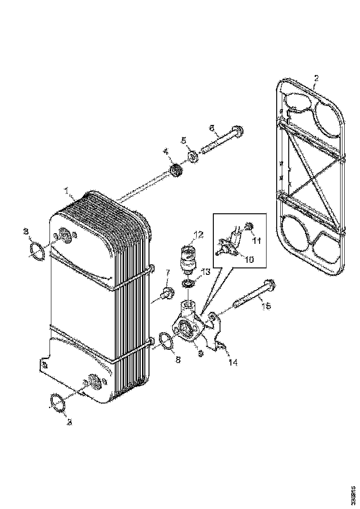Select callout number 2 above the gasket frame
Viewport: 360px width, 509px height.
(x=316, y=79)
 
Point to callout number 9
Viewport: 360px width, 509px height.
(x=200, y=353)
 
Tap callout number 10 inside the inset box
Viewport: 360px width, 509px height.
(x=249, y=260)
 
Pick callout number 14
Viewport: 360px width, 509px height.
(x=233, y=363)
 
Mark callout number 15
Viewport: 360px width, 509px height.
(x=266, y=306)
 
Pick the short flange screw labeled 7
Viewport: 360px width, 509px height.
(x=165, y=293)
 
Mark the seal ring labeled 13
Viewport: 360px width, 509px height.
(x=189, y=284)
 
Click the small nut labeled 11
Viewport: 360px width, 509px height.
(x=248, y=227)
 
